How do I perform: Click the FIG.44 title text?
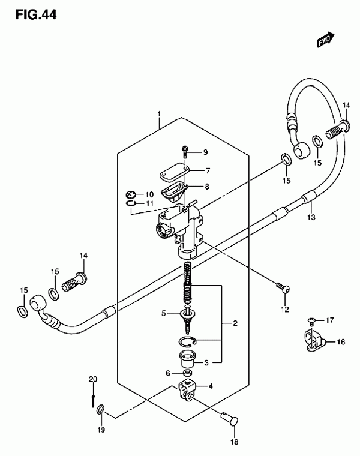pos(36,14)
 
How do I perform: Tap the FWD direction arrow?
pos(326,39)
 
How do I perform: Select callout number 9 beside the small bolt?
pos(205,152)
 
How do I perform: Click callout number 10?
pos(149,194)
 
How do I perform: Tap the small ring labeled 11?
pos(131,203)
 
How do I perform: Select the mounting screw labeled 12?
pos(283,288)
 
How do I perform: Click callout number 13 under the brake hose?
pos(311,217)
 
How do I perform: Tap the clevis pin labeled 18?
pos(229,419)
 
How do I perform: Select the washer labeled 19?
pos(100,410)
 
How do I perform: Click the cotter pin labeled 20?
pos(93,401)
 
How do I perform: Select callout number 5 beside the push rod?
pos(164,313)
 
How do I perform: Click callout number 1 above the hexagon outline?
pos(159,113)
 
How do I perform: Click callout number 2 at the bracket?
pos(235,323)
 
